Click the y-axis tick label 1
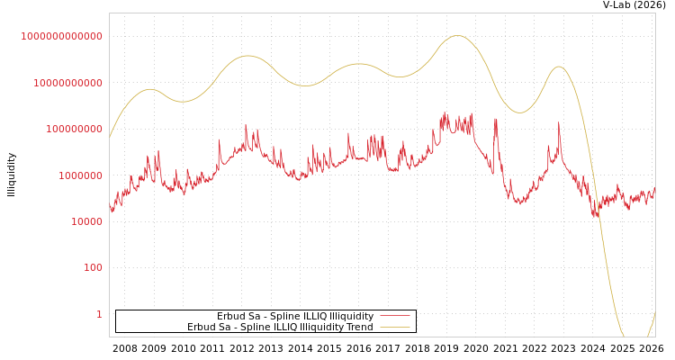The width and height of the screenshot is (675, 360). (x=99, y=314)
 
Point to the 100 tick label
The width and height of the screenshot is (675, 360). (x=94, y=268)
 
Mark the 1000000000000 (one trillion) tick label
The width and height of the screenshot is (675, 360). (x=62, y=36)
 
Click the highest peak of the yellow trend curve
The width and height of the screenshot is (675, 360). (x=458, y=36)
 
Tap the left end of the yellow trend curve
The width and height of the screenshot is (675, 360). (x=110, y=138)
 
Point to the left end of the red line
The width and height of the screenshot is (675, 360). (x=110, y=207)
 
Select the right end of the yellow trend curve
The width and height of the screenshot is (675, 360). (x=654, y=312)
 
